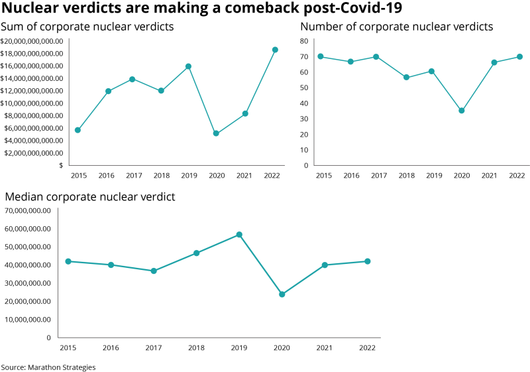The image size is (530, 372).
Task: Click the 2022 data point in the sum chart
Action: pyautogui.click(x=275, y=50)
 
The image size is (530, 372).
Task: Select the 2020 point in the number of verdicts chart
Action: pyautogui.click(x=462, y=111)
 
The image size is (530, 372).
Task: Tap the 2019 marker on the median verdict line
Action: pyautogui.click(x=239, y=235)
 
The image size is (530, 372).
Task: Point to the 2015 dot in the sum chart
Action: pyautogui.click(x=78, y=130)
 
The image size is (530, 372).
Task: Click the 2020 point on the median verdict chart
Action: pyautogui.click(x=282, y=294)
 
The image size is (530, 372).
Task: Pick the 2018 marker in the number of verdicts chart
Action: pyautogui.click(x=407, y=78)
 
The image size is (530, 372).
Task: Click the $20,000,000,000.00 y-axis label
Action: pyautogui.click(x=32, y=41)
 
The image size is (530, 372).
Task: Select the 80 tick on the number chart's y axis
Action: pyautogui.click(x=305, y=41)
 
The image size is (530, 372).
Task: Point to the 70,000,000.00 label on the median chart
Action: pyautogui.click(x=26, y=211)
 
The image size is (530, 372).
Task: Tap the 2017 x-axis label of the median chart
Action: pyautogui.click(x=153, y=347)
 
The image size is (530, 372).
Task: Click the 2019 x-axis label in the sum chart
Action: pyautogui.click(x=189, y=175)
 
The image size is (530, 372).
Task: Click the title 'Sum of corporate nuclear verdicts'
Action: pyautogui.click(x=87, y=27)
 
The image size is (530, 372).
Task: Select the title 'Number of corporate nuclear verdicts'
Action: pyautogui.click(x=397, y=27)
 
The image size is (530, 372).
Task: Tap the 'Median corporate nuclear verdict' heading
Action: pyautogui.click(x=90, y=197)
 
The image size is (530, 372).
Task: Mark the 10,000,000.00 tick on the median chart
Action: pyautogui.click(x=26, y=320)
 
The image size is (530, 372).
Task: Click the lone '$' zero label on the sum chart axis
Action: pyautogui.click(x=61, y=165)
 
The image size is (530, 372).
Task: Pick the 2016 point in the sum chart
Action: pyautogui.click(x=108, y=92)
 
